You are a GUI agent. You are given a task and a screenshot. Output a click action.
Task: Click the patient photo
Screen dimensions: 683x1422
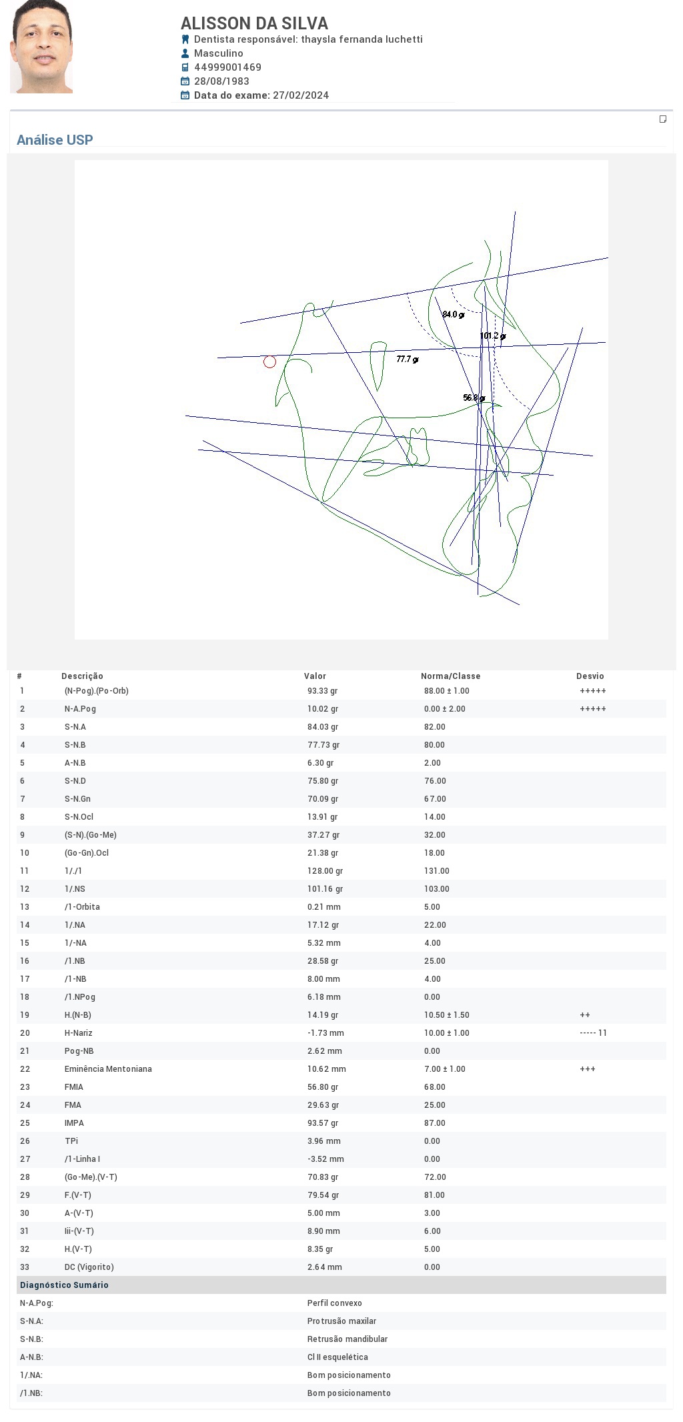[x=41, y=47]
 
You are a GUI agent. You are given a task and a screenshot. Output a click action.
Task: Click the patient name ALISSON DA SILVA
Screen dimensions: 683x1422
[x=254, y=23]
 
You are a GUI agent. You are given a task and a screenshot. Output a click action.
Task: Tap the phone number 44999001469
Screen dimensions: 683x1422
[x=227, y=67]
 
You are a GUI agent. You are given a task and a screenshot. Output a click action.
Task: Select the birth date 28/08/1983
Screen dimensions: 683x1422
[x=221, y=81]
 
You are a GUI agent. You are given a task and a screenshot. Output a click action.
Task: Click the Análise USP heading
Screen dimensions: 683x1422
[x=55, y=140]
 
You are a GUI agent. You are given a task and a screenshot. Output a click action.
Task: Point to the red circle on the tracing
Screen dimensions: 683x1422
[x=269, y=362]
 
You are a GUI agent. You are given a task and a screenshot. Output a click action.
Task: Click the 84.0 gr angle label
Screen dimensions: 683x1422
[x=453, y=314]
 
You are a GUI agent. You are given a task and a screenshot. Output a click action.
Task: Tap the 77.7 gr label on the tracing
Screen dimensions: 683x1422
[x=408, y=359]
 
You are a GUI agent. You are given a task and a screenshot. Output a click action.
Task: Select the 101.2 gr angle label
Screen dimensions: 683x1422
[x=493, y=335]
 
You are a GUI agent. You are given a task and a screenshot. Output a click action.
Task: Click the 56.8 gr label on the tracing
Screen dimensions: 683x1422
[x=474, y=398]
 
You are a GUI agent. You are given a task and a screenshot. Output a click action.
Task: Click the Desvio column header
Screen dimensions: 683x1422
[x=590, y=676]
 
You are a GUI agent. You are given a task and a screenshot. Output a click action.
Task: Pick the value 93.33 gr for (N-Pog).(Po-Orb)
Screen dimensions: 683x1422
[x=323, y=691]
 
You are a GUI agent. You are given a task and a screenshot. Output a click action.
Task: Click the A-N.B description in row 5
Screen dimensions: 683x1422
[x=75, y=763]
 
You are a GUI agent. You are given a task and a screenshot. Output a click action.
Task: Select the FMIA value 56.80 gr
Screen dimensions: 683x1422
[x=323, y=1087]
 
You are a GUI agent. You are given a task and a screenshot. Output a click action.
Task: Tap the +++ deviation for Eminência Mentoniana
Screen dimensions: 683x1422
[x=588, y=1069]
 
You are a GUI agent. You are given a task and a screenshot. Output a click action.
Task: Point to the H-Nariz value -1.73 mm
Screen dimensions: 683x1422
[x=325, y=1033]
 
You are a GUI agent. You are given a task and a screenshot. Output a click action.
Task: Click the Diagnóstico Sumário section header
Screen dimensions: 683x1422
[x=64, y=1285]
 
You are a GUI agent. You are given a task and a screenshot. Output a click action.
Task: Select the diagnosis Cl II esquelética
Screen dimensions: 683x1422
[x=337, y=1357]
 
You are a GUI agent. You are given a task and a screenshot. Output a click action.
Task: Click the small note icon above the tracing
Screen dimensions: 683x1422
[x=663, y=119]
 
